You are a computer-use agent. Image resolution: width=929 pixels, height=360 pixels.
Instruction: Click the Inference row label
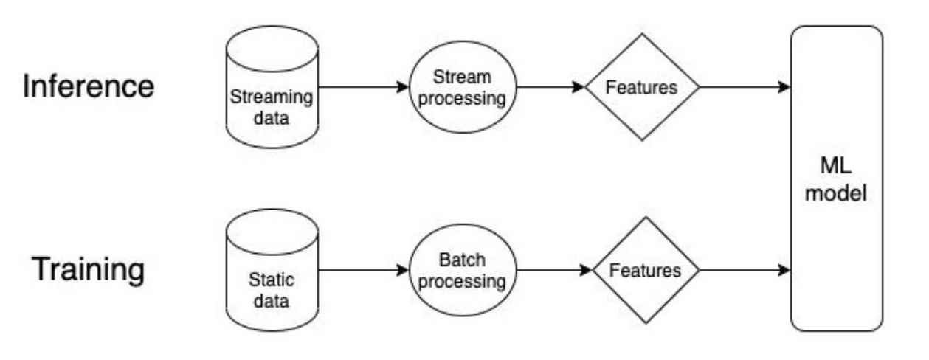click(89, 86)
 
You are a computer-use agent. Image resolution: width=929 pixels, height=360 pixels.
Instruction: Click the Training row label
click(88, 270)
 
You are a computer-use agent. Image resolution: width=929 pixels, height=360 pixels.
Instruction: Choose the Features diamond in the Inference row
click(641, 87)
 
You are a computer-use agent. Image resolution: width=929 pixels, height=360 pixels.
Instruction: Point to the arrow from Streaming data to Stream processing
click(362, 87)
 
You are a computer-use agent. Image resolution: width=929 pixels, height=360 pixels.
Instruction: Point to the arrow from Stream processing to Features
click(550, 87)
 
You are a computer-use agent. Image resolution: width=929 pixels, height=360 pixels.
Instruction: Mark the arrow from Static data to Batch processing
click(362, 271)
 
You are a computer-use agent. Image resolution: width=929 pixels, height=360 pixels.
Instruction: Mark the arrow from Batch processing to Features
click(550, 271)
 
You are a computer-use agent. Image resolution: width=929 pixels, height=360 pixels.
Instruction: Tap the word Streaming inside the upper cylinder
click(272, 98)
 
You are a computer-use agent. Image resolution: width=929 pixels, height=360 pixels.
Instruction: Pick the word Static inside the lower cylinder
click(272, 281)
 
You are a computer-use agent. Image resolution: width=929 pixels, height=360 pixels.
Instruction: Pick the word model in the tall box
click(837, 195)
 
